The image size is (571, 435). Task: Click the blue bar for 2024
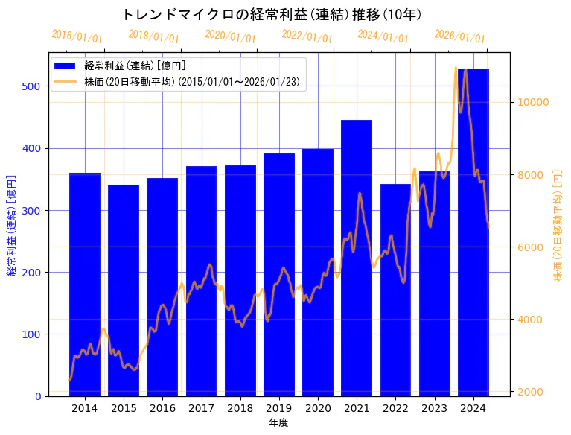point(473,232)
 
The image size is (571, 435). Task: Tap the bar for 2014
point(85,284)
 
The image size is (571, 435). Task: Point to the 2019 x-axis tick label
point(279,407)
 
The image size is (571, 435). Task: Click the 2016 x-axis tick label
point(162,407)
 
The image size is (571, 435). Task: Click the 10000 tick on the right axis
point(533,102)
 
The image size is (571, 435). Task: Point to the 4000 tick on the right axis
point(530,320)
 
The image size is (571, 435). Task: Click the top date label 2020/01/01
point(230,36)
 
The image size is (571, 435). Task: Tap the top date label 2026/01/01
point(459,36)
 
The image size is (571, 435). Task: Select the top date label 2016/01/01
point(77,36)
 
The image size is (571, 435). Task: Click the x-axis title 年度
point(279,422)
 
